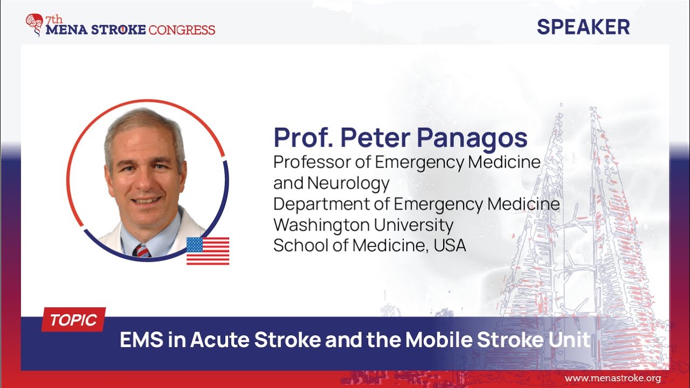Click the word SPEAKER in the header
583,26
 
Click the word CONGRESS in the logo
182,30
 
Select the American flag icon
208,251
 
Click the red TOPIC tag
73,321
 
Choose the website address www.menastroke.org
612,378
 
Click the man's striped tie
142,251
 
